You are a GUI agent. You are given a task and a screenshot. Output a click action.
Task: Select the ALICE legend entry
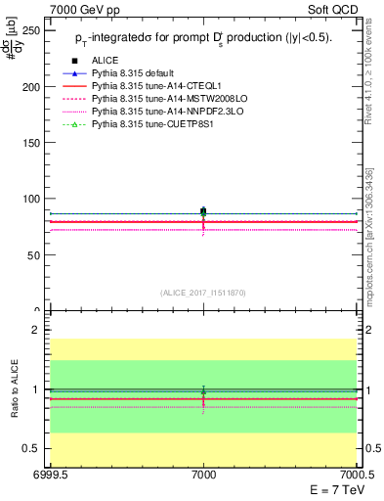click(106, 60)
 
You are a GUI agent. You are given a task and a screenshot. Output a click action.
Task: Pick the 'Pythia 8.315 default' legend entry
click(137, 73)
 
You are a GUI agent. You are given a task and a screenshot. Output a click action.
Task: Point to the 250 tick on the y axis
click(33, 30)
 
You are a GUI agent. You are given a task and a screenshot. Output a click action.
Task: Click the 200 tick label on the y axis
click(33, 86)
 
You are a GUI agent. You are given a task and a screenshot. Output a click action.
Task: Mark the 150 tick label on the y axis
click(33, 142)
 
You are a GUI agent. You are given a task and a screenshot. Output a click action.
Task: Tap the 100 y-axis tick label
click(33, 199)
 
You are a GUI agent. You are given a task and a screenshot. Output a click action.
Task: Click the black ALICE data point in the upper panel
click(203, 211)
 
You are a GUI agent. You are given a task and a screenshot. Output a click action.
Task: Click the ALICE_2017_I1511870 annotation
click(203, 293)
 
